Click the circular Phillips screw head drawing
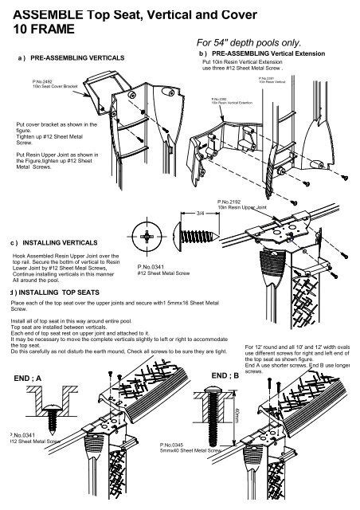click(x=152, y=237)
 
